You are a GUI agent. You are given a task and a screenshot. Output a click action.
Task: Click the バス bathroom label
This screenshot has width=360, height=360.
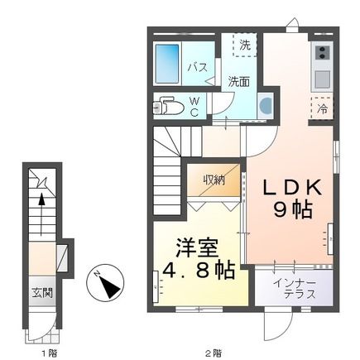coord(196,67)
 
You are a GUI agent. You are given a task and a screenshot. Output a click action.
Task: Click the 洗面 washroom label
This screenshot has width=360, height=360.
coord(239,82)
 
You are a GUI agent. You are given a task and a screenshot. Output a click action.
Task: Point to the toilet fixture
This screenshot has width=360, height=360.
coord(170,108)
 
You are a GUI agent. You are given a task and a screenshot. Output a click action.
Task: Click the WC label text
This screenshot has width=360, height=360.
coord(195,106)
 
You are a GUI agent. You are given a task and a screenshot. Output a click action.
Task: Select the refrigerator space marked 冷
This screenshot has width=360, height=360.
coord(320,108)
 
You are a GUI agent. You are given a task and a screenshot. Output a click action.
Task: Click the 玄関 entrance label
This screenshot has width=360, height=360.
coord(42,292)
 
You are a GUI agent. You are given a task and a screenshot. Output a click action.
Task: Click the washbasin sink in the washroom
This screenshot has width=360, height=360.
coord(265,106)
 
